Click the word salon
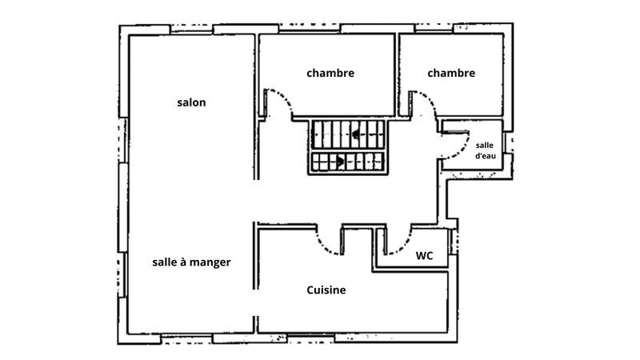[191, 102]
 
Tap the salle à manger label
[191, 262]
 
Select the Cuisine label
[326, 290]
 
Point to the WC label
[424, 256]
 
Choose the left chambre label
[330, 73]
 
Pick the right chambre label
[451, 73]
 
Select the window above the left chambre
[309, 29]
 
